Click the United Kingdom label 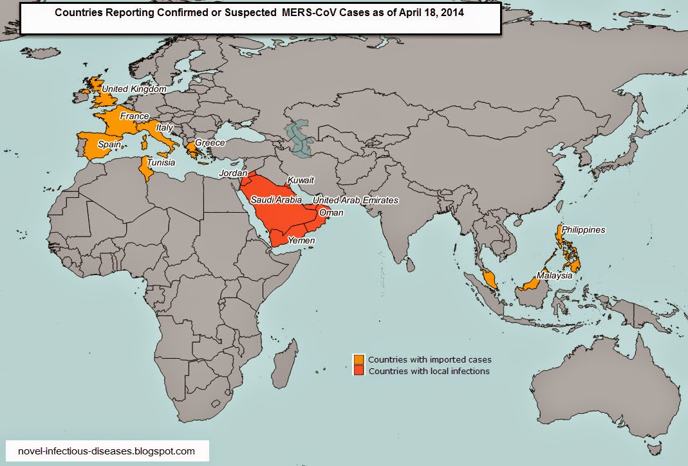135,89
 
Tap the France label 134,116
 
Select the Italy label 164,128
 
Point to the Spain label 109,145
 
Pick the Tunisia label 161,163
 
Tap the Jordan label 232,174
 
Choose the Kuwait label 301,180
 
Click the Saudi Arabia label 276,200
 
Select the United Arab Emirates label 355,201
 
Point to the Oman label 331,213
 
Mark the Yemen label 301,240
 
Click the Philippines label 583,229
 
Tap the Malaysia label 555,275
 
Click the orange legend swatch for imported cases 358,359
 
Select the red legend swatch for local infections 358,371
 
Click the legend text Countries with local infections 429,371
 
